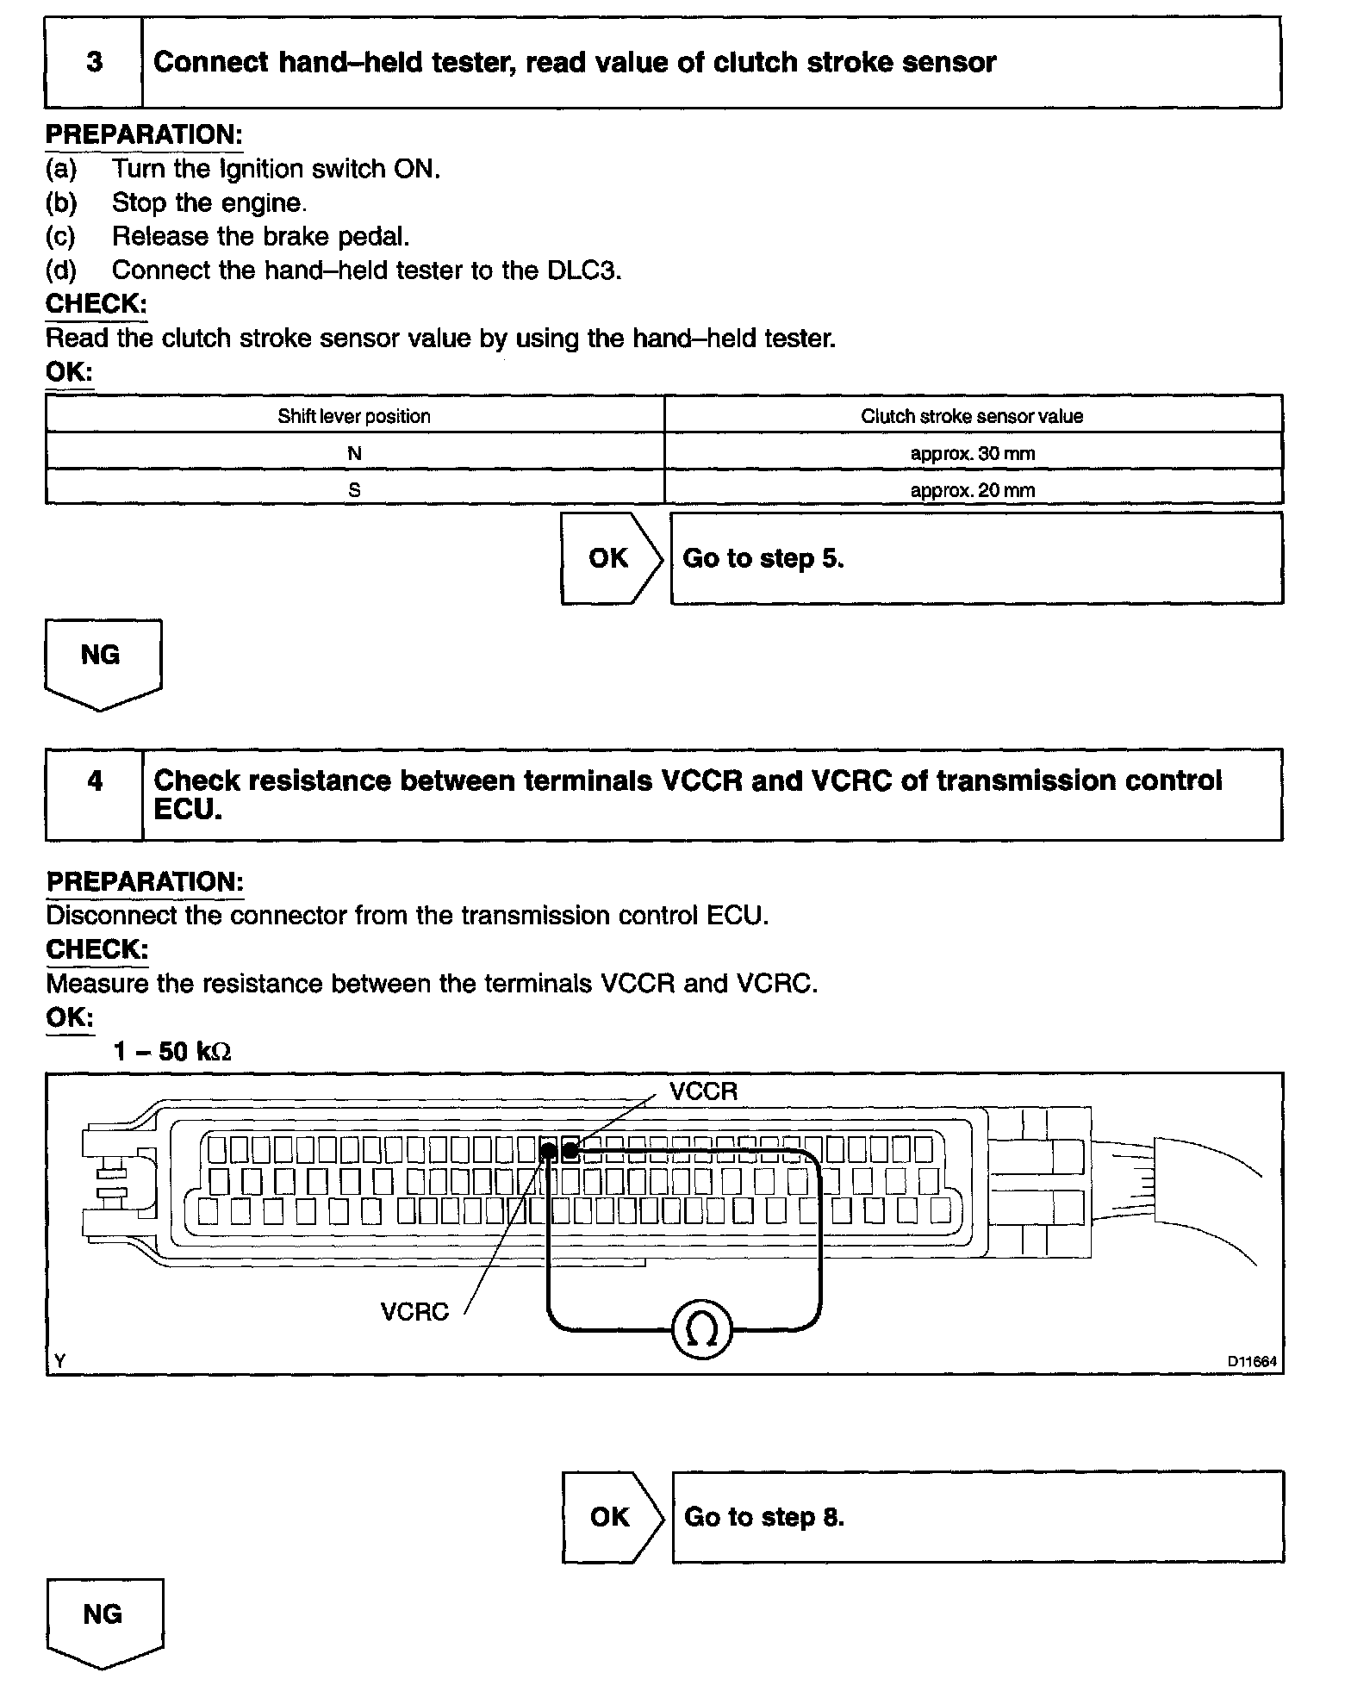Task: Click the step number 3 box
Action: (94, 63)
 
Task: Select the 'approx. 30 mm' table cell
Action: (973, 453)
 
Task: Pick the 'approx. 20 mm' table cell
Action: (973, 490)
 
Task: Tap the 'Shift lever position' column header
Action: (354, 417)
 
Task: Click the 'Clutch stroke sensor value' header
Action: (972, 417)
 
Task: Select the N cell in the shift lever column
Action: (354, 453)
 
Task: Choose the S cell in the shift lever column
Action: (354, 490)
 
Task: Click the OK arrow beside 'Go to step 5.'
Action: (611, 559)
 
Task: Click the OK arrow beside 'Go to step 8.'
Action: (612, 1517)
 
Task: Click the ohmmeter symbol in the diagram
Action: (701, 1331)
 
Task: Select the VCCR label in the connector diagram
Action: (703, 1092)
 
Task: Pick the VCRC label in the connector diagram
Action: (414, 1312)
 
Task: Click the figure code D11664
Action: (1252, 1362)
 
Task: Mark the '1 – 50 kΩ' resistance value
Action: (172, 1052)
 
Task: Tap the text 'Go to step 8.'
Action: (764, 1517)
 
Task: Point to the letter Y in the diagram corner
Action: (59, 1362)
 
